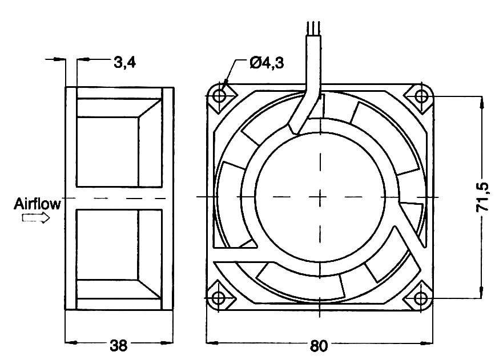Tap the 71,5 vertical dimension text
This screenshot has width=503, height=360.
(x=482, y=197)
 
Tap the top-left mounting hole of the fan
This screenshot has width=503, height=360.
(x=220, y=95)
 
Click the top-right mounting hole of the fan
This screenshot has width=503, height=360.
(x=421, y=95)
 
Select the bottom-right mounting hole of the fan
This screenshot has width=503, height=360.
(x=421, y=298)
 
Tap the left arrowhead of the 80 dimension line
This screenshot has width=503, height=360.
(x=210, y=343)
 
